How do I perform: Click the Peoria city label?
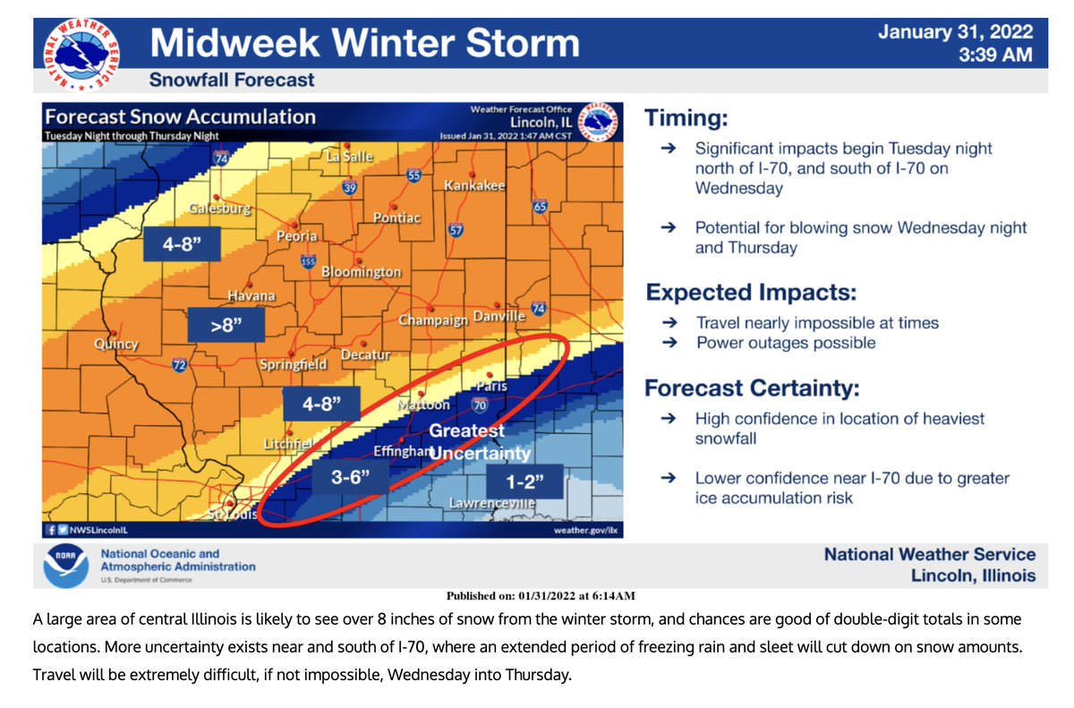pyautogui.click(x=296, y=236)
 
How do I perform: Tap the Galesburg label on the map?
pyautogui.click(x=219, y=209)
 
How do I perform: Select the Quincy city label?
pyautogui.click(x=116, y=345)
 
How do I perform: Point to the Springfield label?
pyautogui.click(x=292, y=365)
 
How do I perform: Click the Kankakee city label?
pyautogui.click(x=474, y=185)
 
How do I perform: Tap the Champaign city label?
pyautogui.click(x=433, y=320)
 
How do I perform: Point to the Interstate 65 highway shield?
pyautogui.click(x=539, y=207)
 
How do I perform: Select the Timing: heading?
pyautogui.click(x=686, y=117)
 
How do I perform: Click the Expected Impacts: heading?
pyautogui.click(x=751, y=293)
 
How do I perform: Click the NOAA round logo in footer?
pyautogui.click(x=66, y=566)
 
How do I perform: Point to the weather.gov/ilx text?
pyautogui.click(x=586, y=530)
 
